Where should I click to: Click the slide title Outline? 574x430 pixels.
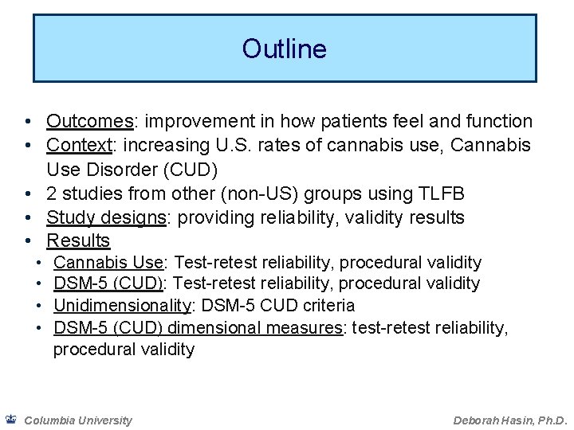285,49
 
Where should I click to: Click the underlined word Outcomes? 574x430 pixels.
89,122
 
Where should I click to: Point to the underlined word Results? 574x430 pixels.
78,240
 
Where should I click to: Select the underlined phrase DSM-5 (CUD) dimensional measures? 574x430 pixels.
197,327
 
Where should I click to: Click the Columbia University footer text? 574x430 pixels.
78,420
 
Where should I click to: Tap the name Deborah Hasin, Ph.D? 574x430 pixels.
509,420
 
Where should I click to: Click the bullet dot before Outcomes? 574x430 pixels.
28,122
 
